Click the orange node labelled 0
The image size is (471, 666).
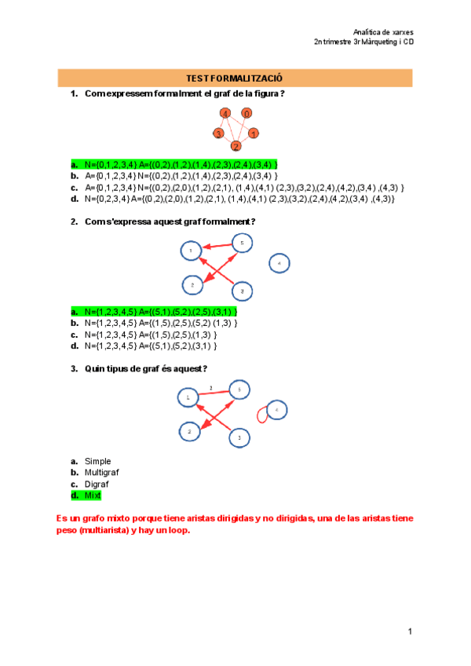(246, 114)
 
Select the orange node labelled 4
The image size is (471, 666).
(225, 114)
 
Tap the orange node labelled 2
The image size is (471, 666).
(235, 146)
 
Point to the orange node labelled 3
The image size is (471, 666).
(218, 134)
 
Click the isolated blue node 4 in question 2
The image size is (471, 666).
(279, 264)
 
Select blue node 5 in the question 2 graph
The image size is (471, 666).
(242, 243)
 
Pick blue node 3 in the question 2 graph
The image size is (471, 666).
(243, 292)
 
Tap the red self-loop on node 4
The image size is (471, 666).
(263, 413)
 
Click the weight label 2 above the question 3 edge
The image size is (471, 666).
(210, 387)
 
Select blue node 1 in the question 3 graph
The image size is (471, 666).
(188, 399)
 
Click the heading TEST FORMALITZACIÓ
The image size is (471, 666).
(234, 79)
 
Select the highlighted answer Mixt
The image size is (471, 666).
(93, 496)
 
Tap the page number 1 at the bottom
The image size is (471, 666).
(410, 631)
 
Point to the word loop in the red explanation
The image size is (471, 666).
(177, 529)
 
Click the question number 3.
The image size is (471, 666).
(74, 368)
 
